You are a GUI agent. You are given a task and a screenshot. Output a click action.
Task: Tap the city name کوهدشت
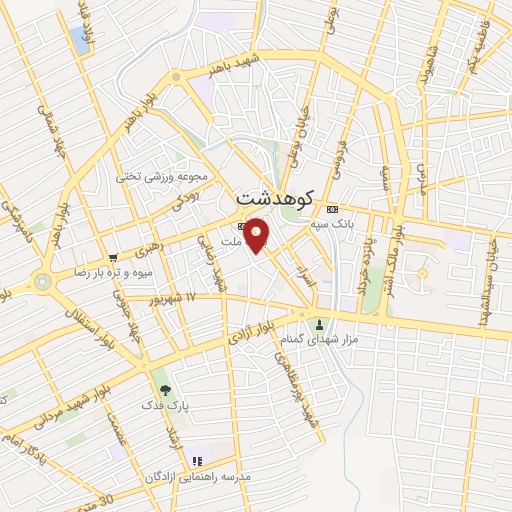(x=275, y=197)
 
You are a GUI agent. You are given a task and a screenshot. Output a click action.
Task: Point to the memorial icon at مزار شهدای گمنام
(x=320, y=324)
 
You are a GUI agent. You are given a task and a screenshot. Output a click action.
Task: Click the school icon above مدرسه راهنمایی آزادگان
(x=197, y=460)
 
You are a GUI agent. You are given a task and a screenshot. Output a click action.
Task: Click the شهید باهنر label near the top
(x=233, y=67)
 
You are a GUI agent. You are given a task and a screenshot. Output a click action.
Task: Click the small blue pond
(x=79, y=40)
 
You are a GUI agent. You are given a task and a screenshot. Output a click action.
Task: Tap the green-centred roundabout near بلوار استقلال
(x=43, y=282)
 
